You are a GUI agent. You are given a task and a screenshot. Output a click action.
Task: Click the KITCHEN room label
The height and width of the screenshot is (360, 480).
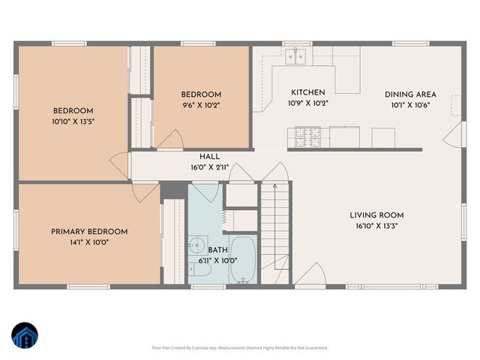point(309,93)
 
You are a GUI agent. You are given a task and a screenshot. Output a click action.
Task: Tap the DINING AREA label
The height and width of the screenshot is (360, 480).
point(410,94)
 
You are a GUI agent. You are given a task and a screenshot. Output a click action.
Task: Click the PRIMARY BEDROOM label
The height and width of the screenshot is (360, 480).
point(89,232)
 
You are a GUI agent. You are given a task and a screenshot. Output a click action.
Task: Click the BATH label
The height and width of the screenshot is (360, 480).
point(217,250)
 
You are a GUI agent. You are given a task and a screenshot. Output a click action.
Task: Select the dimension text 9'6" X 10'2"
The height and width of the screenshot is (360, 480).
point(200,105)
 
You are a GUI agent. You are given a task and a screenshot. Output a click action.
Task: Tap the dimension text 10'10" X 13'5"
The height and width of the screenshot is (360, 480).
point(73,121)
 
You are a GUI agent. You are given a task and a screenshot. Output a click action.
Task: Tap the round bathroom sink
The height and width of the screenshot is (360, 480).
point(196,244)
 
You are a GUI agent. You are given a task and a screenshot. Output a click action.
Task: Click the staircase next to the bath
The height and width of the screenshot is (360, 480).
point(275,225)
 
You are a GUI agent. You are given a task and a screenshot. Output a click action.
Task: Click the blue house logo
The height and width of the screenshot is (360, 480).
point(24,336)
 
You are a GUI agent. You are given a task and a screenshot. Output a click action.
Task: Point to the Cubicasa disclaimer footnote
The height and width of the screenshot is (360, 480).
point(239,348)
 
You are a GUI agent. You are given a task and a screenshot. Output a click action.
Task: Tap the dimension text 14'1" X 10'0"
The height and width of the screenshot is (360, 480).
point(89,242)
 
